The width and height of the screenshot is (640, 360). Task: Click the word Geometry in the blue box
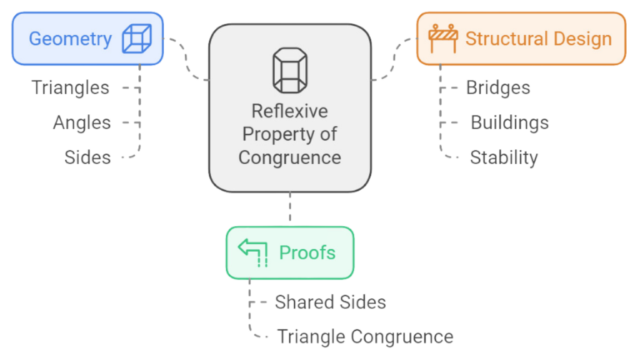70,38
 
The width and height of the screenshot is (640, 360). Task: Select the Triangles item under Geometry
70,87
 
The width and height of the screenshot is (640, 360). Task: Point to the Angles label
82,122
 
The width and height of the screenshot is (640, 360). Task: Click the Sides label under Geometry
87,157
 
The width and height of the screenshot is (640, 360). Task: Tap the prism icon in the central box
289,71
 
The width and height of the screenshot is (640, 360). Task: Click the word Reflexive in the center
289,112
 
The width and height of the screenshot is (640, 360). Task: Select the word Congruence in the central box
289,157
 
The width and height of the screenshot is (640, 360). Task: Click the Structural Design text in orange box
538,38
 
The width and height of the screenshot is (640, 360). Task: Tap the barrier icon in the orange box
442,38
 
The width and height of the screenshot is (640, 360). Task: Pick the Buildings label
509,123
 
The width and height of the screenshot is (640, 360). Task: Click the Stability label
503,157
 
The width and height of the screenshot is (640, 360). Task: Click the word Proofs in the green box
307,252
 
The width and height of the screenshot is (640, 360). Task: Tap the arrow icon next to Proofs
253,252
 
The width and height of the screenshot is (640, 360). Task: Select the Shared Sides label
330,302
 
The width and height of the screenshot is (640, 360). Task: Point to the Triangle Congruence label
365,337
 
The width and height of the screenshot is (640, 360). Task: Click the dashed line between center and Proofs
290,208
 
